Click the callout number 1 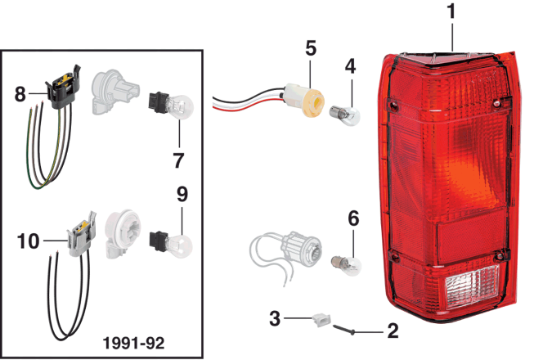coord(451,12)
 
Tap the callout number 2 coord(392,331)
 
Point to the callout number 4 coord(349,65)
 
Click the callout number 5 coord(310,47)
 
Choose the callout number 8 coord(20,94)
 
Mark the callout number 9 coord(182,195)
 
